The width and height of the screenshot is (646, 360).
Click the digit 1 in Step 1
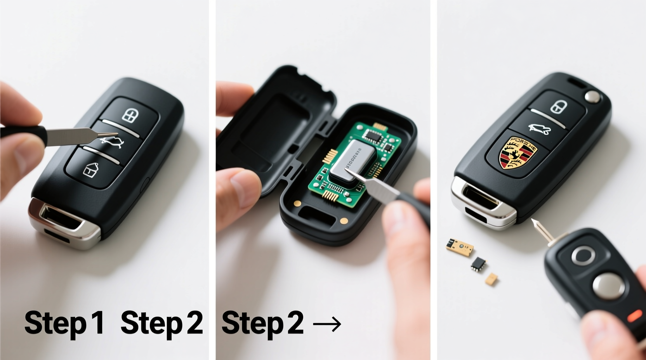pos(96,323)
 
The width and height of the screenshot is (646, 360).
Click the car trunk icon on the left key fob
pos(111,142)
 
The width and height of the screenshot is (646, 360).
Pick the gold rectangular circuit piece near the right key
pos(460,246)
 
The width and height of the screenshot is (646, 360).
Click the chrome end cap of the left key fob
pos(62,221)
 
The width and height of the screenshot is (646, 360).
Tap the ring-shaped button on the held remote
pos(583,255)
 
